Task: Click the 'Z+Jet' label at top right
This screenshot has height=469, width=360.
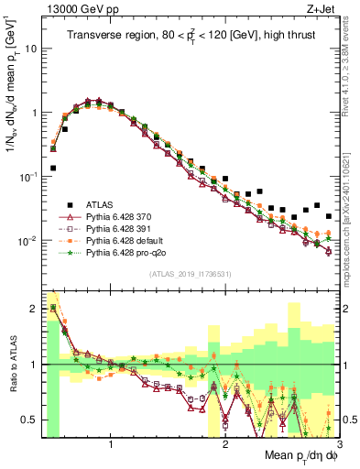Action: tap(321, 11)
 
